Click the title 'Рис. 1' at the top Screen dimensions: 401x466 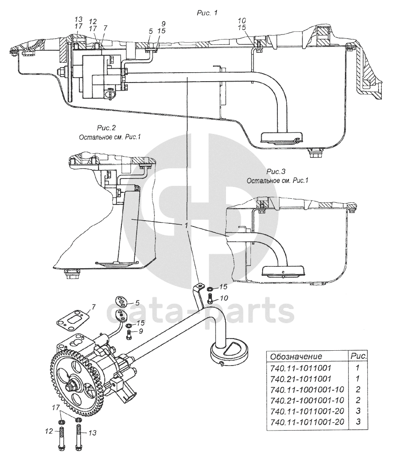[x=207, y=13]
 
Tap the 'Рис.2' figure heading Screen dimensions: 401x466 [x=106, y=128]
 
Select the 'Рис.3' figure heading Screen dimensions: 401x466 [x=276, y=171]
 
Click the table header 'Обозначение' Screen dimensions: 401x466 [x=296, y=356]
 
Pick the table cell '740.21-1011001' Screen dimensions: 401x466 [x=300, y=379]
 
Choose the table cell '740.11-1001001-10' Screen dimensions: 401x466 [x=307, y=389]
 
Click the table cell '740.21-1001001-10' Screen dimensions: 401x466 [x=307, y=400]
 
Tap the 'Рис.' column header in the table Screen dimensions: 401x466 [x=358, y=356]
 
